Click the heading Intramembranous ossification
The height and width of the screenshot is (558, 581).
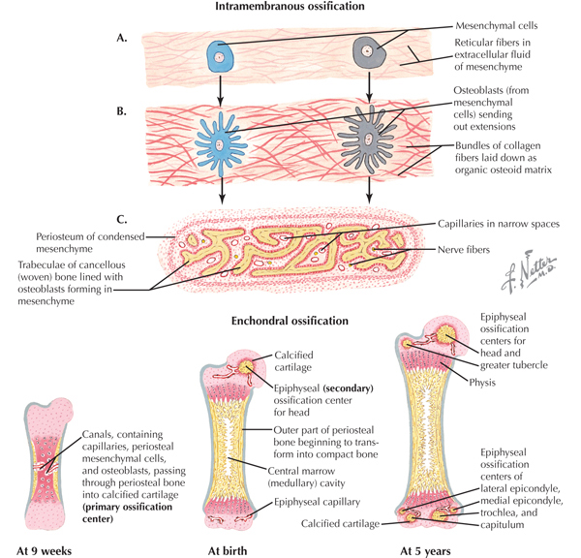point(290,6)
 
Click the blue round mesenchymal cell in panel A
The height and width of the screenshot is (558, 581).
point(220,56)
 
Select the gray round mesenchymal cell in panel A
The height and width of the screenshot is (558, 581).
point(369,52)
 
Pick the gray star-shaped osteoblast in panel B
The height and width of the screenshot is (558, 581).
point(366,139)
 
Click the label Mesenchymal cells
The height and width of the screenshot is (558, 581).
point(496,25)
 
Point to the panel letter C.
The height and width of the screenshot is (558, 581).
point(122,220)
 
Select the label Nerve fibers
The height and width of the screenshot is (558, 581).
point(464,250)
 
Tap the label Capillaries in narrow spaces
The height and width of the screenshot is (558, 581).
point(499,224)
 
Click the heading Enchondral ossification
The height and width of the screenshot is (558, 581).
point(290,321)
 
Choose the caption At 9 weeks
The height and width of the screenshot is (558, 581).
point(44,551)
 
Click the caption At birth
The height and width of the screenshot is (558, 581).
point(228,551)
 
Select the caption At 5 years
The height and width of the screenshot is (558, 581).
point(425,551)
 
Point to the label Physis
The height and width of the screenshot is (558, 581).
point(482,383)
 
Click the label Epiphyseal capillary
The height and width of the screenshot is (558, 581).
point(317,502)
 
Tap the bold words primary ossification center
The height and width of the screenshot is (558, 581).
point(127,512)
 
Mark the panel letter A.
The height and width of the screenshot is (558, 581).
point(122,38)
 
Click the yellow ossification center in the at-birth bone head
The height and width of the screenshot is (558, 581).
point(246,367)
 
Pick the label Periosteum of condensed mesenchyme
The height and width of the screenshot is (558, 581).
point(90,242)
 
